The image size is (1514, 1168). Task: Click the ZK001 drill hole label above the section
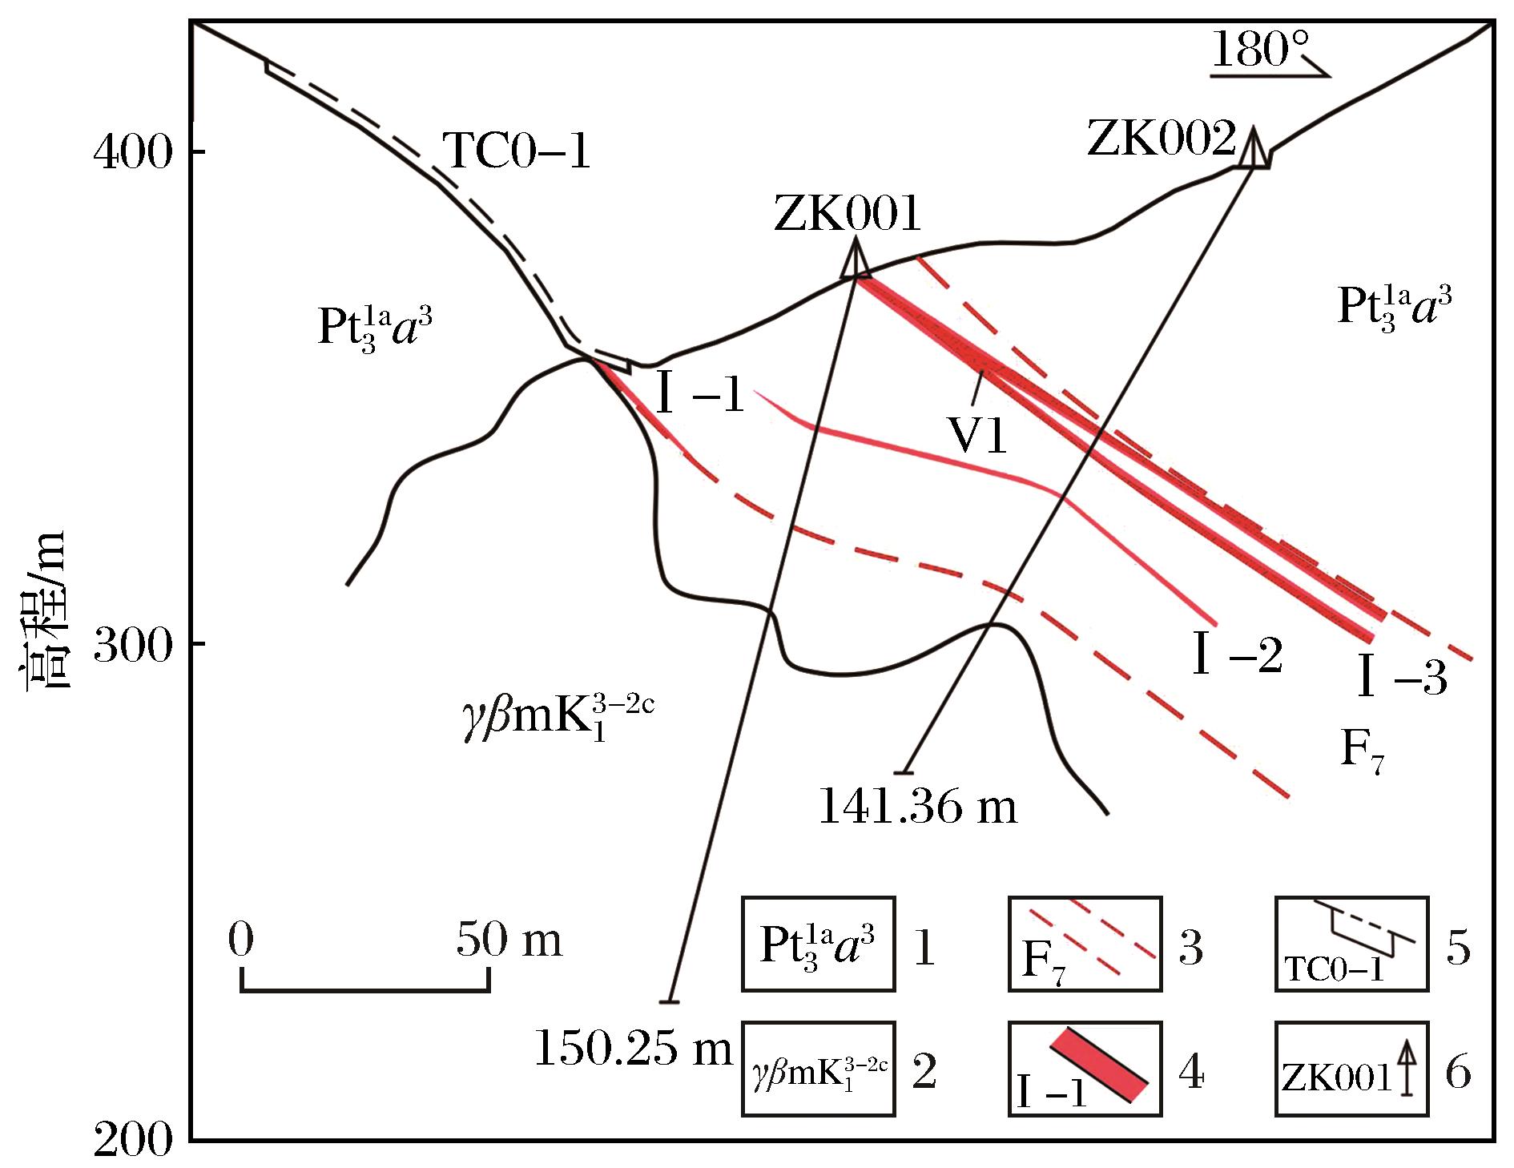[x=848, y=214]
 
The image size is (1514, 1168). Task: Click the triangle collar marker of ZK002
[x=1254, y=147]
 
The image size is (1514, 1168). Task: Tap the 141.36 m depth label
[x=917, y=808]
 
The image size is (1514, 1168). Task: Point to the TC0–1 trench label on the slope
[x=517, y=151]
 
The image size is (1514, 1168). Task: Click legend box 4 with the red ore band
[x=1085, y=1069]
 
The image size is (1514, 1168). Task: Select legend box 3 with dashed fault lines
[x=1085, y=944]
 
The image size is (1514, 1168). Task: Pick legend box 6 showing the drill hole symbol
[x=1351, y=1069]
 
